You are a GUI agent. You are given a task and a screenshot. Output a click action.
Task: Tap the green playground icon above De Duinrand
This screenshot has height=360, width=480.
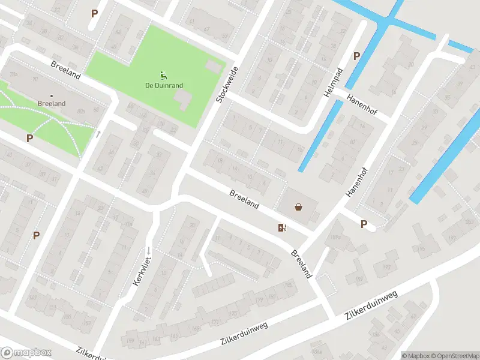163,75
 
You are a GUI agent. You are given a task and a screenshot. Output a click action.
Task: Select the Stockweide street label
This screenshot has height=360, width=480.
227,85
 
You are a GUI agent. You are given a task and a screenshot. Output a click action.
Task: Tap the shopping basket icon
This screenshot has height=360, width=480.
298,208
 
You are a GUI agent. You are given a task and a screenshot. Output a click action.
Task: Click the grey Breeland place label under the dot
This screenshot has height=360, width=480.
51,104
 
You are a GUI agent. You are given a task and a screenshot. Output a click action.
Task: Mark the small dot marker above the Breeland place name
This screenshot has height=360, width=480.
51,95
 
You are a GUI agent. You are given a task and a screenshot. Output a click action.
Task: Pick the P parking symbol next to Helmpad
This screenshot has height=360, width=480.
356,56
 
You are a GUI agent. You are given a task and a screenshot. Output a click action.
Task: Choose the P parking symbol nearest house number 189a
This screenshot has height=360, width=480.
364,224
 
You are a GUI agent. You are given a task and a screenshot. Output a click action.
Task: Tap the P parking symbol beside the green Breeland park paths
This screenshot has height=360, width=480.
29,138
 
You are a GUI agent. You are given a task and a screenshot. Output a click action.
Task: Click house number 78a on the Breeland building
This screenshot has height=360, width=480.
13,74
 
